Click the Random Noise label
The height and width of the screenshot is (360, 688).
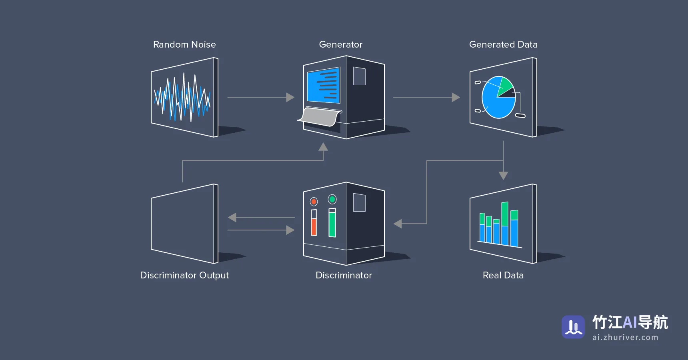tap(184, 44)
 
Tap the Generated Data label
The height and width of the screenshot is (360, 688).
tap(503, 44)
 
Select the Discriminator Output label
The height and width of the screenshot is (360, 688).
tap(184, 275)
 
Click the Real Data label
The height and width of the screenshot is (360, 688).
tap(503, 275)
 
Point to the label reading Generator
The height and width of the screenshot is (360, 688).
tap(341, 44)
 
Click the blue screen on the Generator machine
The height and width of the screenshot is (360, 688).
tap(323, 85)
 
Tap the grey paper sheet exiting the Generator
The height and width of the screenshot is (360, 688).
tap(320, 116)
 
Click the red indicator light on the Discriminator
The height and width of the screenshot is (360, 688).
tap(314, 202)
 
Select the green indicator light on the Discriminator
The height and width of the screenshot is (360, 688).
tap(332, 199)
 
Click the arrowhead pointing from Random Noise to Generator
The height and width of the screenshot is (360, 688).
tap(290, 97)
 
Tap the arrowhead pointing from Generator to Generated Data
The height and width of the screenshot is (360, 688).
tap(456, 97)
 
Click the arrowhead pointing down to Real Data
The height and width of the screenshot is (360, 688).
tap(503, 176)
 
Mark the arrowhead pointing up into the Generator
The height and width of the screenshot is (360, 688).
tap(323, 147)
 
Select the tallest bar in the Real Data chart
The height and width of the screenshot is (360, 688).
tap(505, 224)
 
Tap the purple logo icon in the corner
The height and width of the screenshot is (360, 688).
tap(573, 327)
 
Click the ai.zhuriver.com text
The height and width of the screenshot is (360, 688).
tap(625, 337)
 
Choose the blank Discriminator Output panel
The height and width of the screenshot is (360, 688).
tap(184, 224)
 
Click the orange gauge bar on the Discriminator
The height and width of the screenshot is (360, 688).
tap(314, 227)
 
